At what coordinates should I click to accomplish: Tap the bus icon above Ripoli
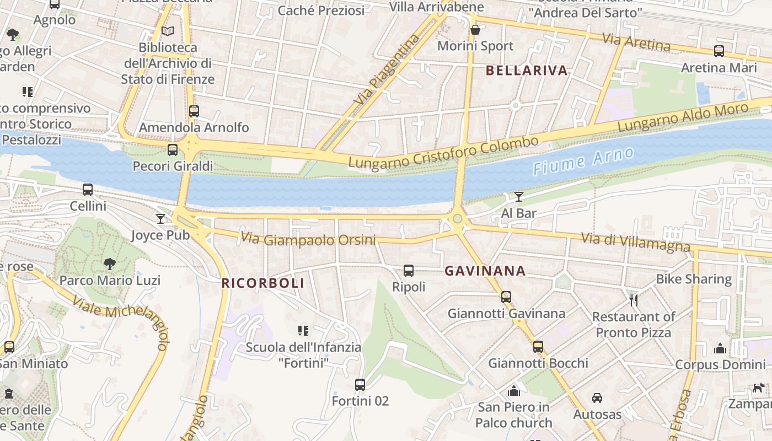coord(409,271)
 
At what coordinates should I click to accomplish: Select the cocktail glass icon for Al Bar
coord(518,197)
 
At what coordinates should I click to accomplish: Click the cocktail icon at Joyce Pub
coord(160,219)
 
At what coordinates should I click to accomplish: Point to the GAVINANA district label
coord(485,271)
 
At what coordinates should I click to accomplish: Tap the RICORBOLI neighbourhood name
coord(262,283)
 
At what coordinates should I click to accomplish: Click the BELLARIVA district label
coord(527,71)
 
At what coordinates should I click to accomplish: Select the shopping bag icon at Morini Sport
coord(475,30)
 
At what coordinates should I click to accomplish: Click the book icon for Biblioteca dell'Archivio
coord(168,31)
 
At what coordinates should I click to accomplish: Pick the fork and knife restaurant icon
coord(634,300)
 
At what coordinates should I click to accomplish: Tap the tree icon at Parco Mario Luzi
coord(110,264)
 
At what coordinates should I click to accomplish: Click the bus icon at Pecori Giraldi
coord(173,149)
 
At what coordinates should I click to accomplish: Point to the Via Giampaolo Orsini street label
coord(308,240)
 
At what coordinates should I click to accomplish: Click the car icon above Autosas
coord(597,398)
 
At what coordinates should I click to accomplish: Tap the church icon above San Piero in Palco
coord(514,391)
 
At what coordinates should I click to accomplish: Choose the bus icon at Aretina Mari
coord(719,51)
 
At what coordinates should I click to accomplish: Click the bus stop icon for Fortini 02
coord(360,384)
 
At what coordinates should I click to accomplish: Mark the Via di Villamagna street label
coord(635,242)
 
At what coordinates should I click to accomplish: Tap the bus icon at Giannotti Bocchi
coord(538,347)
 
